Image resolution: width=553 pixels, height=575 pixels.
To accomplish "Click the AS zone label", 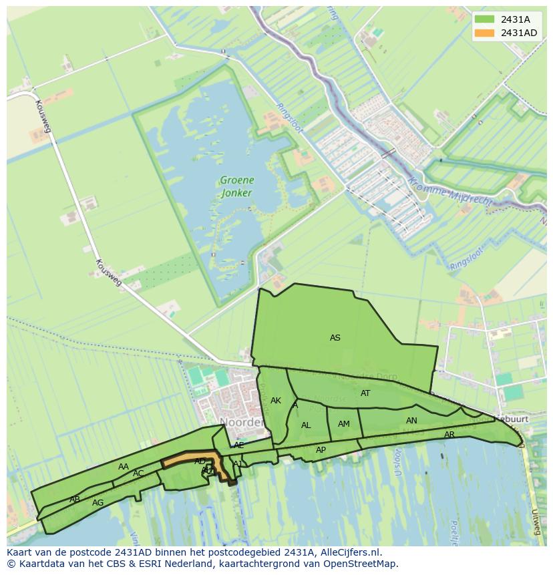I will [x=335, y=338].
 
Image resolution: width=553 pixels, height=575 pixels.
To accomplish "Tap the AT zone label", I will [x=365, y=393].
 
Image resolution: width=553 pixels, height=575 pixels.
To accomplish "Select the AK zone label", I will [x=276, y=401].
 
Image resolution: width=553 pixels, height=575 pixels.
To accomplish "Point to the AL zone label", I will [x=306, y=425].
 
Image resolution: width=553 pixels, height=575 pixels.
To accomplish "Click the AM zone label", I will [x=344, y=424].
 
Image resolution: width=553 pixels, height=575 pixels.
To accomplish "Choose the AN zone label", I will [x=411, y=421].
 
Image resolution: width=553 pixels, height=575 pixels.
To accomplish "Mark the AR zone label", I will [x=449, y=435].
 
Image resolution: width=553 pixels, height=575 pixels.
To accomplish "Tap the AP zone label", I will [x=321, y=450].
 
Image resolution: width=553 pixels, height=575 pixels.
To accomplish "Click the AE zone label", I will [x=239, y=445].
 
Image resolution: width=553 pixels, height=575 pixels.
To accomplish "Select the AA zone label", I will [x=124, y=467].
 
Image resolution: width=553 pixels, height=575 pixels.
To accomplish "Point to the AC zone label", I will [x=138, y=473].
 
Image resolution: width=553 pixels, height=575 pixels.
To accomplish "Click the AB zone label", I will [x=75, y=500].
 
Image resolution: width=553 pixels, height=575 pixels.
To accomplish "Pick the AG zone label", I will [x=98, y=503].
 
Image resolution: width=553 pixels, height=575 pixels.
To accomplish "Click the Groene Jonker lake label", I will [x=236, y=186].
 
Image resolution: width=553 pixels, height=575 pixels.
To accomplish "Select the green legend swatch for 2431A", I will [x=485, y=19].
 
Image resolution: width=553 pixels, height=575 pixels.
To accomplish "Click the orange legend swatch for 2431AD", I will [x=485, y=33].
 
